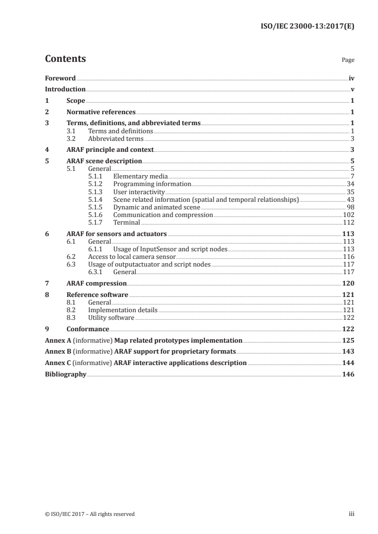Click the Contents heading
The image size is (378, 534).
[65, 59]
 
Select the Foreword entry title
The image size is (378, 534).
[60, 78]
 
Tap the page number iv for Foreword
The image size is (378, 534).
[351, 78]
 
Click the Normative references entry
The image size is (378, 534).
[101, 112]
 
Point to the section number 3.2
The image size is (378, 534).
[71, 139]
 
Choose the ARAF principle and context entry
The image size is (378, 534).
[110, 149]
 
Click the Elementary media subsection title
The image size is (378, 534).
[140, 177]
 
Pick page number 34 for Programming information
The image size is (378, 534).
[350, 184]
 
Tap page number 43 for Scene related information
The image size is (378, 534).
[350, 199]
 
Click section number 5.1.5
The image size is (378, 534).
[96, 208]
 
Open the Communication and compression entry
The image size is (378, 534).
[163, 215]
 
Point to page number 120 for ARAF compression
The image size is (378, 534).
[348, 283]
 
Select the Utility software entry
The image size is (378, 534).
[111, 318]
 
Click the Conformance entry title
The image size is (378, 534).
[88, 329]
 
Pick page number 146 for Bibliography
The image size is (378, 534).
[348, 375]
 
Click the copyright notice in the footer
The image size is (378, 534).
[90, 514]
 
